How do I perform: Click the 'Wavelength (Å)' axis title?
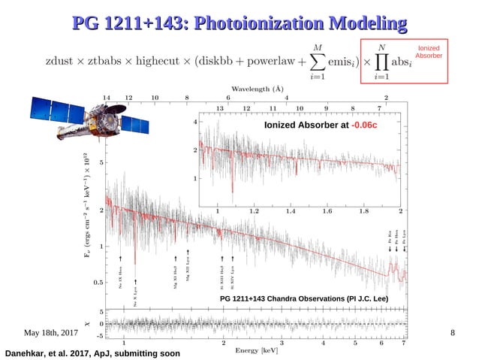point(255,87)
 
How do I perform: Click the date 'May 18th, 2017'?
point(51,332)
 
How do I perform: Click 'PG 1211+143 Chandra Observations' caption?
point(303,298)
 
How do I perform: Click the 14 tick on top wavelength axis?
point(106,98)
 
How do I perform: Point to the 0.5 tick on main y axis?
point(97,283)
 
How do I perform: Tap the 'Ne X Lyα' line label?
point(135,298)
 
